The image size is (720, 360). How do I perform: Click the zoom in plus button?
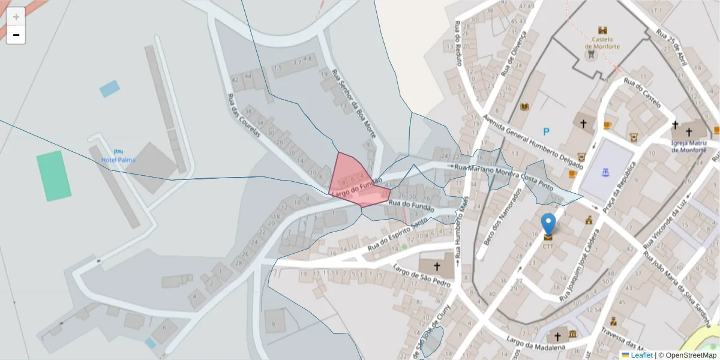point(16,17)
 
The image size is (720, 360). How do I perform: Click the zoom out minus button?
point(16,35)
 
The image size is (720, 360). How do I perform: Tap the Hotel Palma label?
point(118,160)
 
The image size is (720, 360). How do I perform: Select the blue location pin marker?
point(548,224)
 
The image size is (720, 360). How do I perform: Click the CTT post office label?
point(548,245)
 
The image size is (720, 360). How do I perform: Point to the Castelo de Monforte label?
point(602,43)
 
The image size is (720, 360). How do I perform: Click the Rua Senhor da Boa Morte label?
point(354,104)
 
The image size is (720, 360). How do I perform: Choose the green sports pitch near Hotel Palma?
point(53,175)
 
